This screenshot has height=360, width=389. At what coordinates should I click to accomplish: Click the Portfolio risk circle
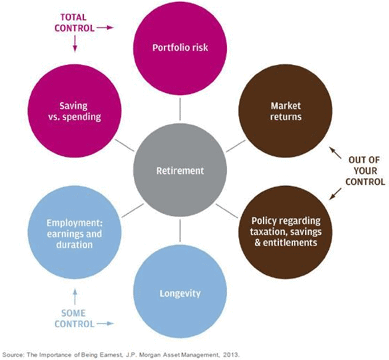(x=180, y=48)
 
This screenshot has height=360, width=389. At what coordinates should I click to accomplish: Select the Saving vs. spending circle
(x=75, y=111)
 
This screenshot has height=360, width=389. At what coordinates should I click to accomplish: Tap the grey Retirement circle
(x=180, y=170)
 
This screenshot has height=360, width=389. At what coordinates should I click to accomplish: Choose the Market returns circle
(x=285, y=111)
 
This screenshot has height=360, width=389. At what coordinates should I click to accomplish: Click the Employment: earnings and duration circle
(x=75, y=232)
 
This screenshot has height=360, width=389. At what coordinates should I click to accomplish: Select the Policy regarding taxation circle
(x=285, y=232)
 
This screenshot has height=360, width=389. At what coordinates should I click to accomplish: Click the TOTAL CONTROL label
(x=75, y=23)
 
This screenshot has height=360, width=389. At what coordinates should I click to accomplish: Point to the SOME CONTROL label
(x=74, y=319)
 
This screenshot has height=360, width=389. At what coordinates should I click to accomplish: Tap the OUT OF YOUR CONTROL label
(x=365, y=171)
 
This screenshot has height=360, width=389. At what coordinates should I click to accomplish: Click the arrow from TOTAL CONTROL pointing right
(x=105, y=28)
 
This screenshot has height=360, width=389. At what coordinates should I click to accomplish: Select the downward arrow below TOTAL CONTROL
(x=75, y=43)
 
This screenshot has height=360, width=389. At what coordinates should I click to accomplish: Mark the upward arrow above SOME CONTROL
(x=75, y=297)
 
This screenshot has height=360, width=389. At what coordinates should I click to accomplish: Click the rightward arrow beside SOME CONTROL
(x=105, y=323)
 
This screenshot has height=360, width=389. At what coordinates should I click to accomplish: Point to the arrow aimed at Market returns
(x=335, y=152)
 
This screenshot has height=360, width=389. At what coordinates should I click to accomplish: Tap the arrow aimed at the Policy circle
(x=335, y=193)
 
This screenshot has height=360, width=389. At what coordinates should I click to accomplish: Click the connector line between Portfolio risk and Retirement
(x=180, y=109)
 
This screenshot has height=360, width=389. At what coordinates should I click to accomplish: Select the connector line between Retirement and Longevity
(x=180, y=231)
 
